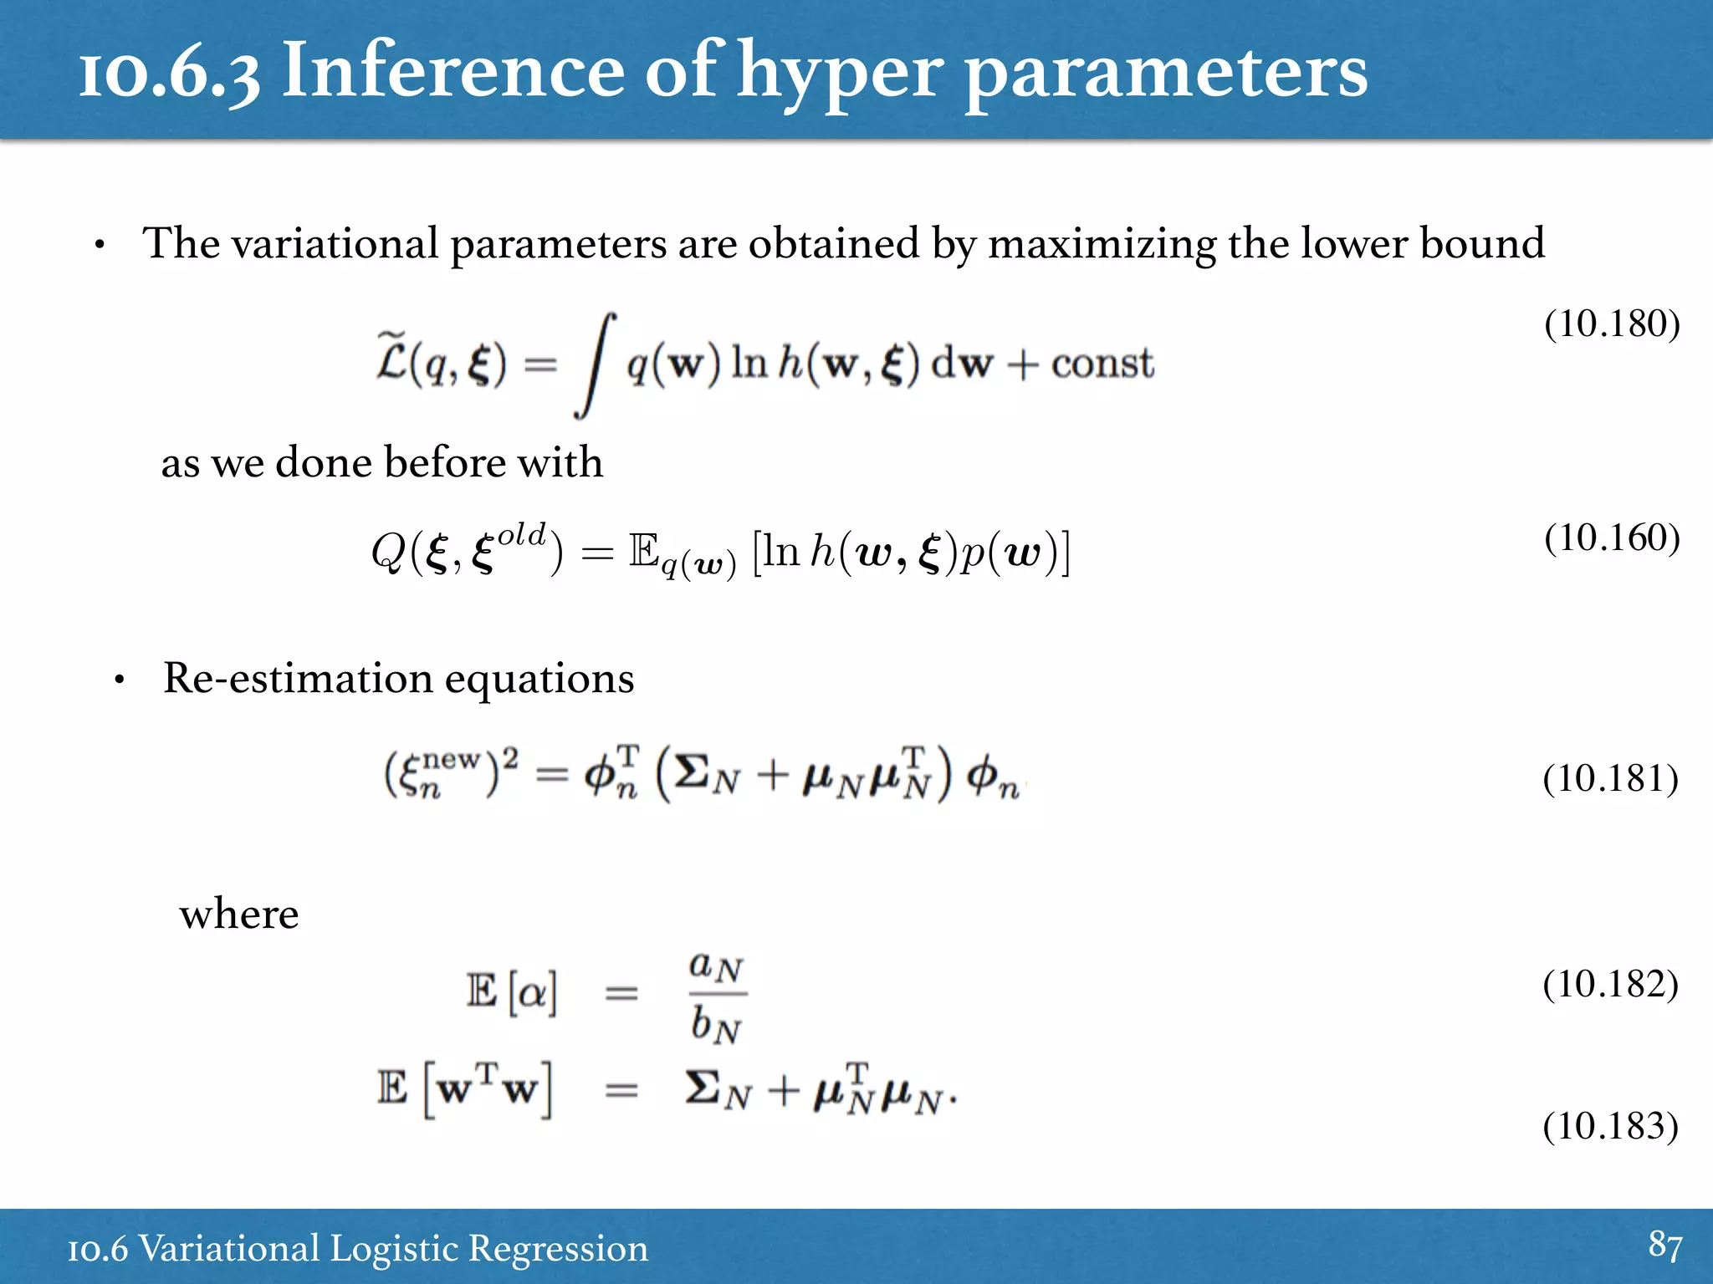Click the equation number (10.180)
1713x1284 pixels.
tap(1612, 324)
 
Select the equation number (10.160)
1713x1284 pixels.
tap(1612, 538)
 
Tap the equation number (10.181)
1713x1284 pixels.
tap(1610, 778)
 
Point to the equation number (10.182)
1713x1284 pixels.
tap(1610, 984)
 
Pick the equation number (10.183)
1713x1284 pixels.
tap(1610, 1126)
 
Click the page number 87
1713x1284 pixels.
tap(1664, 1246)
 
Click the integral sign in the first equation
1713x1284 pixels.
tap(596, 364)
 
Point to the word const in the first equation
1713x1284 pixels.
tap(1102, 364)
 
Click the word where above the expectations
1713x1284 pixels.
tap(239, 914)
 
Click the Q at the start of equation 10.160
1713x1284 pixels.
tap(388, 552)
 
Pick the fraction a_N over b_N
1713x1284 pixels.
tap(716, 995)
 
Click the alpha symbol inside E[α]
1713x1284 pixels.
tap(533, 993)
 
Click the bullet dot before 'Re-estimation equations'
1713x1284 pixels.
tap(120, 680)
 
